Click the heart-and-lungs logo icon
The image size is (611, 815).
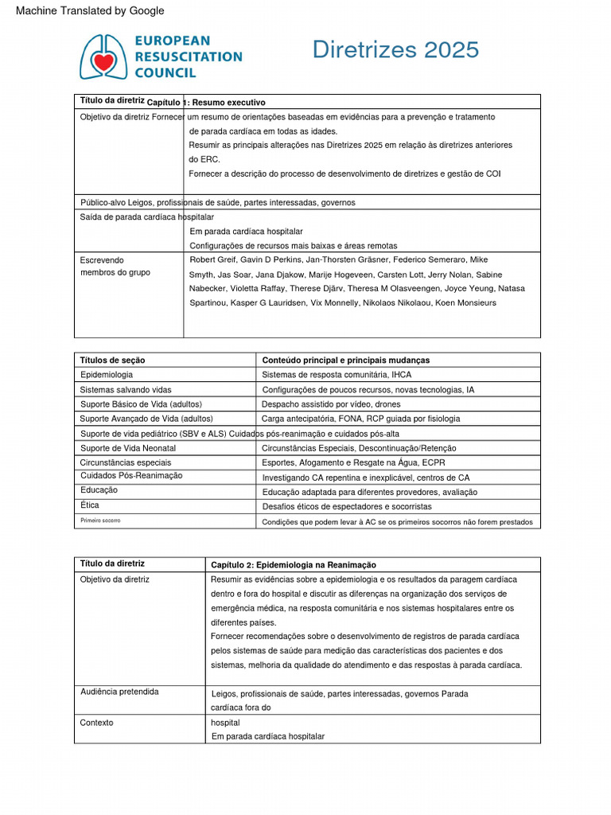(103, 56)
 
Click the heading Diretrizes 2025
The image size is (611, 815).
(395, 49)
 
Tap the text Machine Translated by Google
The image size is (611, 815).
(90, 10)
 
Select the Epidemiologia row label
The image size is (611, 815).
(107, 374)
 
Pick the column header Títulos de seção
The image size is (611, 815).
(112, 360)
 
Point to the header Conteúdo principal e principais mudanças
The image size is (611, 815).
(345, 360)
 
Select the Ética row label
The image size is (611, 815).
(90, 505)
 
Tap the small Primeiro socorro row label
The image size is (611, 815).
(100, 520)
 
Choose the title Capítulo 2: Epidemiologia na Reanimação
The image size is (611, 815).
(294, 564)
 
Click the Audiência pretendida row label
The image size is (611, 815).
(119, 692)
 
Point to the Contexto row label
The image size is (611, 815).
(96, 723)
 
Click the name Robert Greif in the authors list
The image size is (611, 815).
(214, 259)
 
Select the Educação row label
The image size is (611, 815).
(99, 490)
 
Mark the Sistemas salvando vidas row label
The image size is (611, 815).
(125, 389)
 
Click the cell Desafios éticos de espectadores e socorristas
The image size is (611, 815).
(347, 506)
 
